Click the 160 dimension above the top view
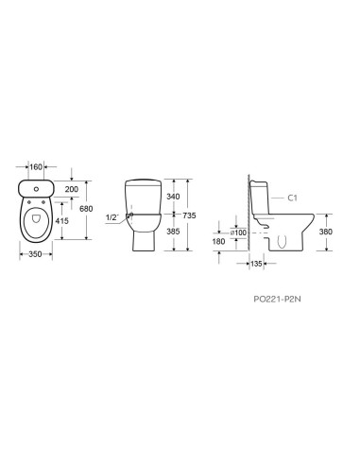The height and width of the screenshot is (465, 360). pos(36,166)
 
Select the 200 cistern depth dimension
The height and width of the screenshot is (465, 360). pos(72,189)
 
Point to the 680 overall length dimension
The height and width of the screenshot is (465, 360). pos(86,209)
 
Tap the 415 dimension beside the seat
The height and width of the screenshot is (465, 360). pos(61,221)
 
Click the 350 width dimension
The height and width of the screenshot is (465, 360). pos(35,254)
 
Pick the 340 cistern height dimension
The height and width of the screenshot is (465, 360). pos(173,197)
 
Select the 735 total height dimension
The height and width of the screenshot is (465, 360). pos(189,215)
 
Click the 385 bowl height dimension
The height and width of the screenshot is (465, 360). pos(173,232)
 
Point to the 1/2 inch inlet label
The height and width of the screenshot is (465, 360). pos(111,217)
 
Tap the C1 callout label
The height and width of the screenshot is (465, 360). pos(292,198)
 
